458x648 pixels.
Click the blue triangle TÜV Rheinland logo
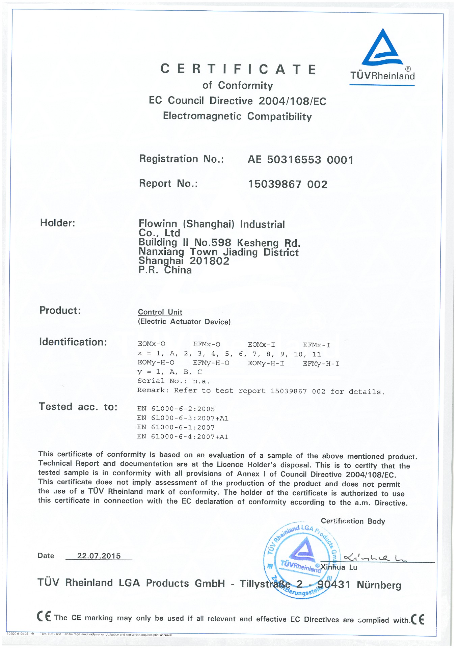click(x=382, y=48)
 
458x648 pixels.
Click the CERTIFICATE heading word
click(x=238, y=69)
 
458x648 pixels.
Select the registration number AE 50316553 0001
click(x=300, y=160)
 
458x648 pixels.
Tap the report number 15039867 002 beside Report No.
click(x=288, y=184)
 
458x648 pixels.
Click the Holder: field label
click(x=58, y=223)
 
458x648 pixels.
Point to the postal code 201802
click(x=209, y=261)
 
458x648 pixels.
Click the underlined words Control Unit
click(x=160, y=312)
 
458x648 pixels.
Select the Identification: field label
click(x=73, y=342)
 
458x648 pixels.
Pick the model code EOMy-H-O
click(x=156, y=363)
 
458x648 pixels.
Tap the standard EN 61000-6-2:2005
click(x=176, y=409)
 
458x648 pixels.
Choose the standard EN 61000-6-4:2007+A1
click(x=183, y=437)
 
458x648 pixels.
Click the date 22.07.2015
click(x=99, y=556)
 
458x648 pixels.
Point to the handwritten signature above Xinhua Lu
click(x=375, y=558)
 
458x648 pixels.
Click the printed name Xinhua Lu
click(x=339, y=567)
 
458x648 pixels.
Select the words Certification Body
click(x=353, y=521)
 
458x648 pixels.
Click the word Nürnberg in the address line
click(x=379, y=585)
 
